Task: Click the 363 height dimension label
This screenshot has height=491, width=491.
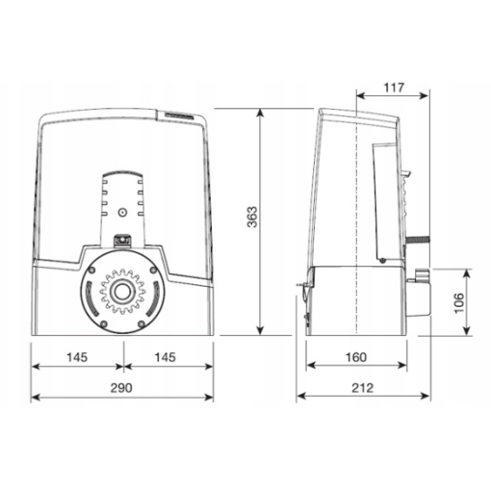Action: click(x=252, y=218)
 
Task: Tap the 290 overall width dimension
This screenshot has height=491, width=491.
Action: click(x=121, y=388)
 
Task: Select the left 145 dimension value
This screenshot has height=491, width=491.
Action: click(x=77, y=357)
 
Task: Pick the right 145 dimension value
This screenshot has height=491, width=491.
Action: click(x=166, y=357)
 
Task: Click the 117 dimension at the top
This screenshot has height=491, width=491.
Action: click(x=394, y=88)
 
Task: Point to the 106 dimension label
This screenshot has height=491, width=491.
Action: click(x=459, y=303)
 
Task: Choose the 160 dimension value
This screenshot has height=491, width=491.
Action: click(x=356, y=357)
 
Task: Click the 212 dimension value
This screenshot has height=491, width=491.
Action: click(x=363, y=388)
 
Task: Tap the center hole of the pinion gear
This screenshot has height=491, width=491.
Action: click(x=122, y=292)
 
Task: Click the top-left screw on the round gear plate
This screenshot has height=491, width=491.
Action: click(x=91, y=270)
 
